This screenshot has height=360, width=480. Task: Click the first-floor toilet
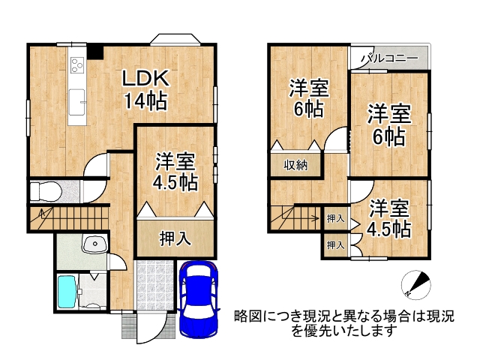[x=43, y=190]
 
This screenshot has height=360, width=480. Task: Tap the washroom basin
[x=94, y=244]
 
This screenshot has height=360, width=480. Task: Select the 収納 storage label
[x=294, y=164]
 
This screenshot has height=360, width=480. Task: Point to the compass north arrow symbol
[x=414, y=283]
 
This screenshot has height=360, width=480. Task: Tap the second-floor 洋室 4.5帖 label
[x=390, y=218]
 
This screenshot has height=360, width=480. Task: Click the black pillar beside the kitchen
[x=94, y=52]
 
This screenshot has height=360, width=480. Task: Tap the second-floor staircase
[x=295, y=218]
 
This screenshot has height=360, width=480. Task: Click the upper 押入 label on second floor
[x=335, y=219]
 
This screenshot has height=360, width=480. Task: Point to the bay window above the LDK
[x=174, y=38]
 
